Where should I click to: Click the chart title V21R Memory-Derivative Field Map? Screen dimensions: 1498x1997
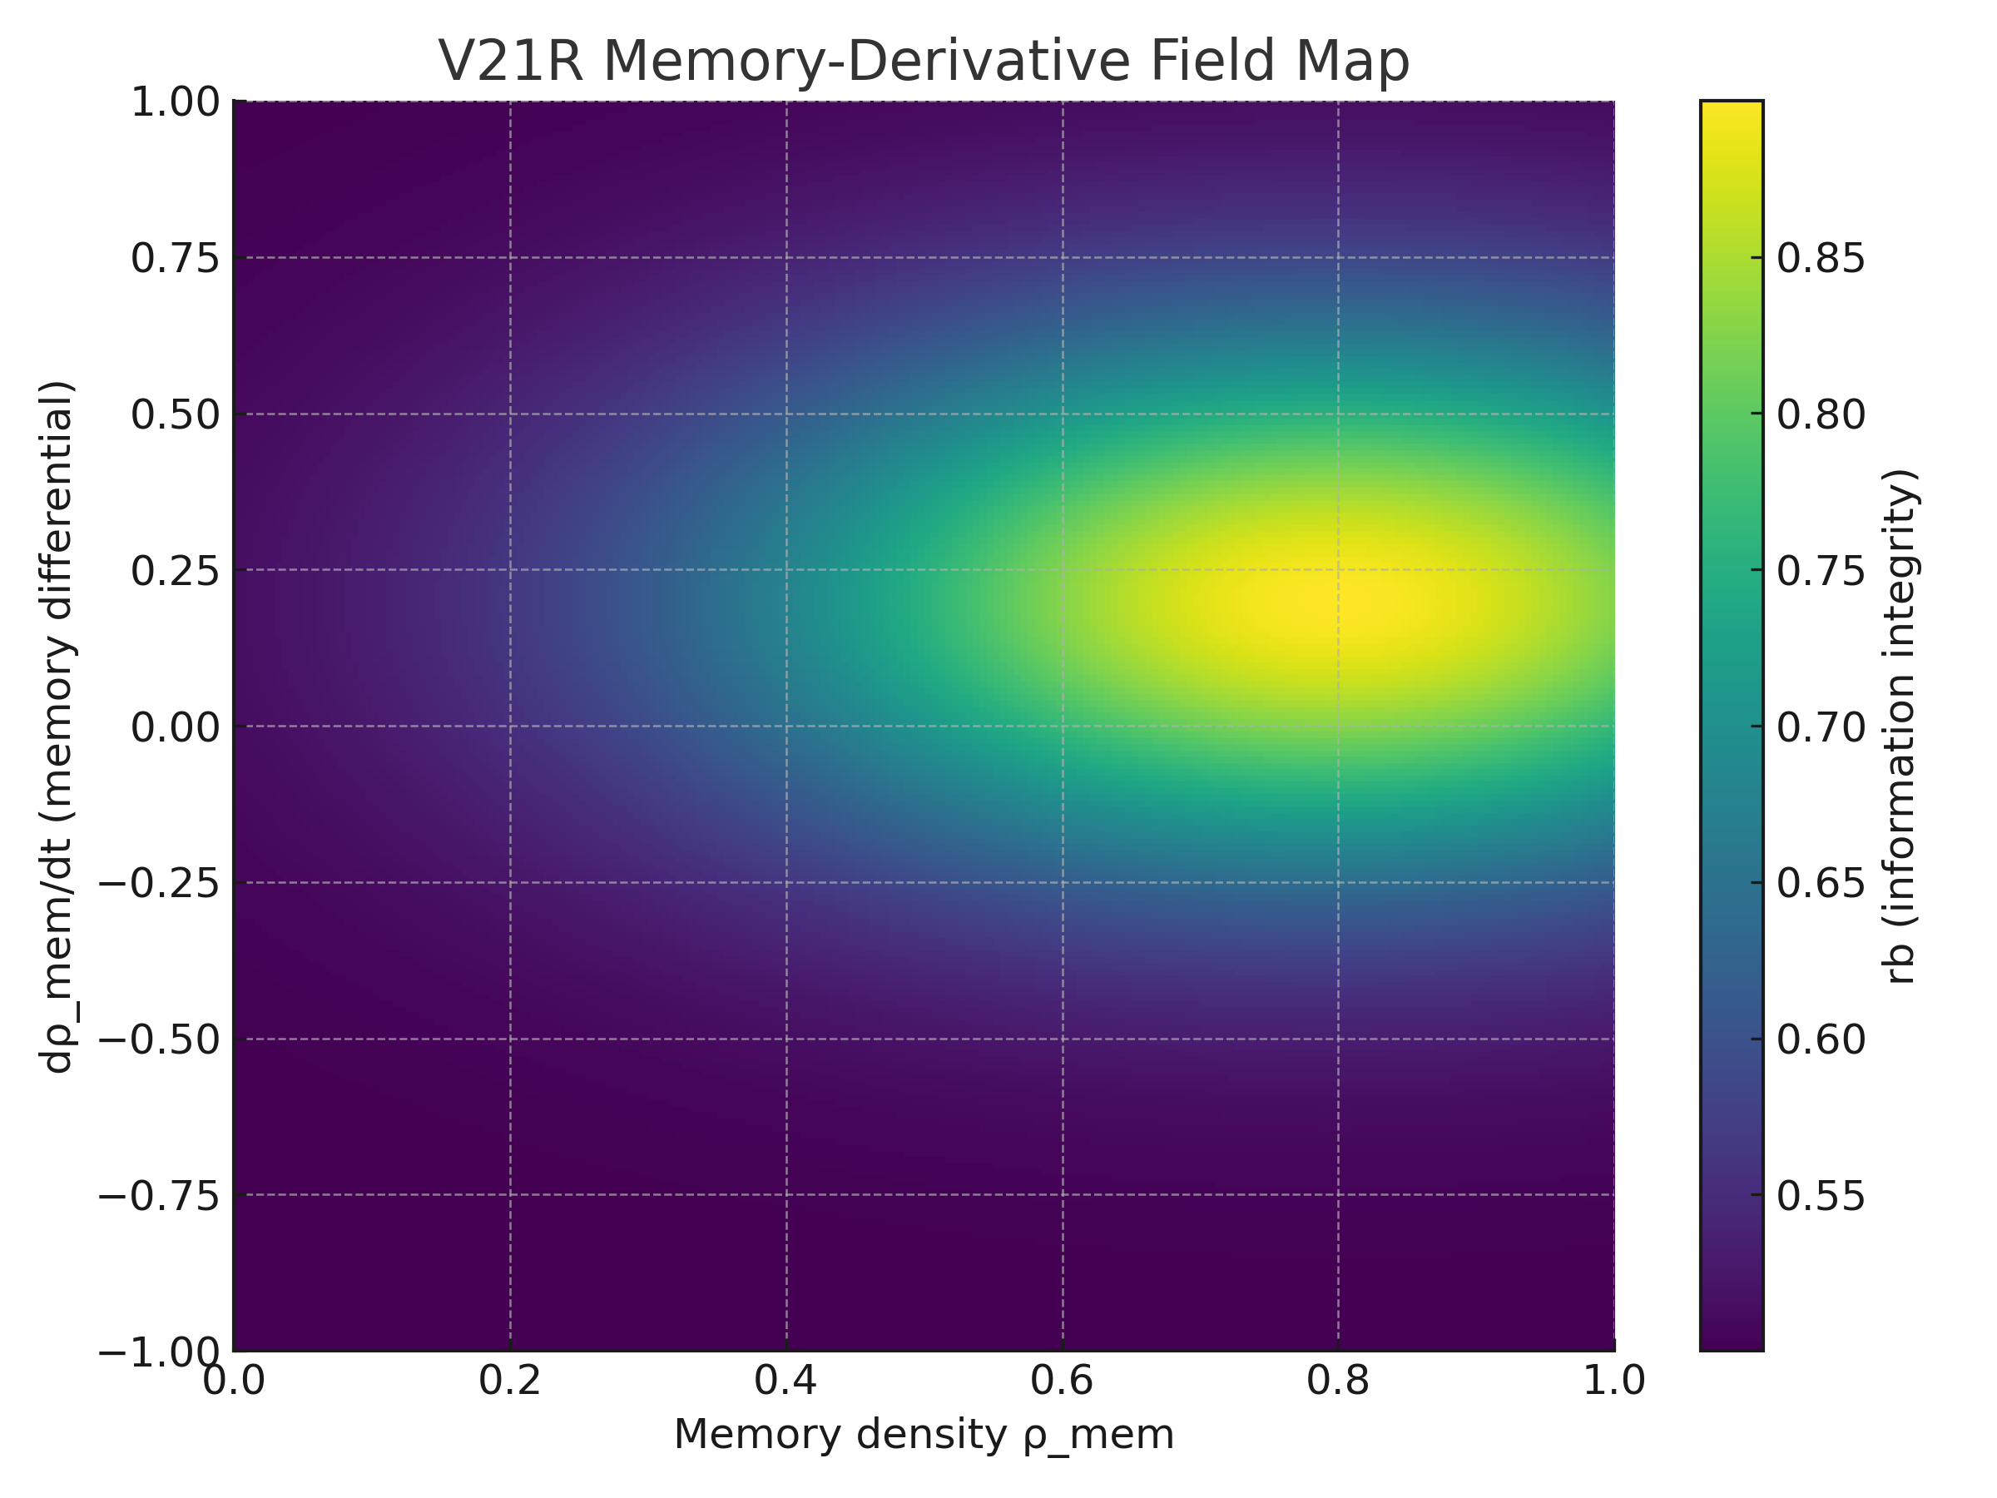coord(924,62)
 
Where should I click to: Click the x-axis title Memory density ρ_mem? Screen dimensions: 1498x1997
coord(924,1435)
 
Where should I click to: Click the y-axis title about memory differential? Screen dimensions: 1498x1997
coord(57,726)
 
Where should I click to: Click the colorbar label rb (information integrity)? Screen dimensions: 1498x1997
coord(1900,726)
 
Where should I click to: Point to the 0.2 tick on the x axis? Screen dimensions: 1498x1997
coord(510,1381)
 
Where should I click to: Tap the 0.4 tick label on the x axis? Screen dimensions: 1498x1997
coord(786,1381)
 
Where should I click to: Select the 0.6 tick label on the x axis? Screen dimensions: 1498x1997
coord(1063,1381)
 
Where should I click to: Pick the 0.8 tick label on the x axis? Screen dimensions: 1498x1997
coord(1338,1381)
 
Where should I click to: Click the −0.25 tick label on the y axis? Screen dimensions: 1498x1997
coord(159,882)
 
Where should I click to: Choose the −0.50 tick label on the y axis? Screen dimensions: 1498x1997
coord(159,1039)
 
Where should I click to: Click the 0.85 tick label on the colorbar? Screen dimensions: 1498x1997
coord(1821,258)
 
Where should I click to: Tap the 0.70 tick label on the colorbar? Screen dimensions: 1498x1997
coord(1821,726)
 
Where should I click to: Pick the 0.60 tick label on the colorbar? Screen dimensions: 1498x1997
coord(1821,1039)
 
